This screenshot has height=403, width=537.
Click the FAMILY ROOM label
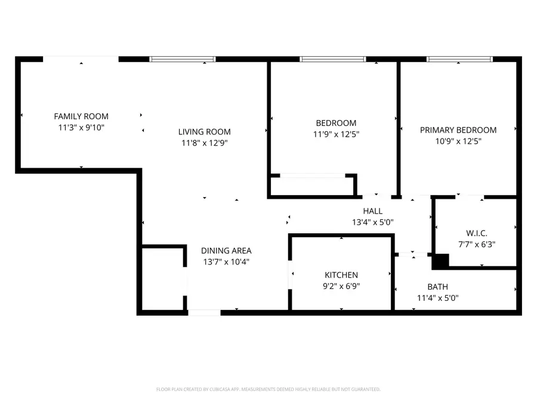(x=81, y=116)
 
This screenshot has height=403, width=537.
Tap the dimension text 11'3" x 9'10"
(x=81, y=127)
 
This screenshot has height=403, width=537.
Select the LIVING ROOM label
(x=204, y=132)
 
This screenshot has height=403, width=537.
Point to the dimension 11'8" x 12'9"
(x=204, y=143)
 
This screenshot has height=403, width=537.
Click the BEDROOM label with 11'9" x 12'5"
(x=337, y=123)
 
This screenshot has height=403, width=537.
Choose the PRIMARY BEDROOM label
(x=458, y=130)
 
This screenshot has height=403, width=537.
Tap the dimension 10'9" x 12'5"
(x=458, y=141)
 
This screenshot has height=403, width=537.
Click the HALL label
(x=372, y=211)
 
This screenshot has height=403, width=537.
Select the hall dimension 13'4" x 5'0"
(x=372, y=222)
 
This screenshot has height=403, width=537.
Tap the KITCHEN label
(x=341, y=275)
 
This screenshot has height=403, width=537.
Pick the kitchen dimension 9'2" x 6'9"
(x=341, y=286)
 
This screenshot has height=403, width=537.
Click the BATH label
(x=437, y=287)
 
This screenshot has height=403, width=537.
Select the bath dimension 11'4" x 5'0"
(x=437, y=298)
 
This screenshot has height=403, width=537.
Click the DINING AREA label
(x=226, y=251)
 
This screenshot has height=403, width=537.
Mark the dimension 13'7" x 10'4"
(x=226, y=262)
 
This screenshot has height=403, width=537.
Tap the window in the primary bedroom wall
(x=459, y=59)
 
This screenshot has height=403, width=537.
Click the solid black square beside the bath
(x=440, y=262)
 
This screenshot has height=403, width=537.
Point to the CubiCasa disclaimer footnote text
(x=268, y=389)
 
